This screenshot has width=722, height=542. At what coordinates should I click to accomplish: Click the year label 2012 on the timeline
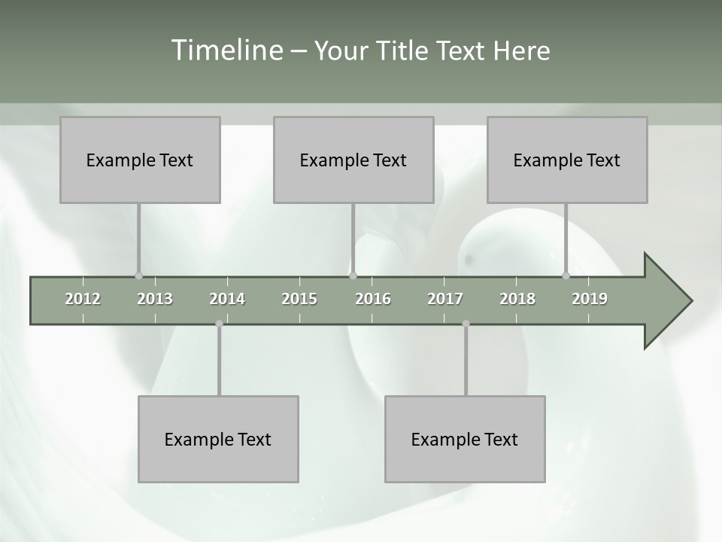83,299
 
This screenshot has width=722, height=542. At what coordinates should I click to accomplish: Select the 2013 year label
155,299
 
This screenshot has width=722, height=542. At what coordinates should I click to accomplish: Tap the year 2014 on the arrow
227,299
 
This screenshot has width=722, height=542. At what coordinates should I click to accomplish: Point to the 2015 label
299,299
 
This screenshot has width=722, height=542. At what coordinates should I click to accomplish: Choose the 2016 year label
373,299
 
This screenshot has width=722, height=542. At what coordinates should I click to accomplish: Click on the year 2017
445,299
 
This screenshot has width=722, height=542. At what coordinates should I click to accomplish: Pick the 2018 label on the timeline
517,299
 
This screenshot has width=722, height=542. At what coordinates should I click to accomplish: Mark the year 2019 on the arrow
590,299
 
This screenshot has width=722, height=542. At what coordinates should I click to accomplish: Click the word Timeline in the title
226,50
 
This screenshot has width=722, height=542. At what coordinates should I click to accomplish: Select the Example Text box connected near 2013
140,160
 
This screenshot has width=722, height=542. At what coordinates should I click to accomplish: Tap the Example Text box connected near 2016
353,160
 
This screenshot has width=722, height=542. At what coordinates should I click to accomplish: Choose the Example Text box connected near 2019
567,160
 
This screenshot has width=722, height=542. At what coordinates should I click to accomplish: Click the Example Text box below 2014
218,439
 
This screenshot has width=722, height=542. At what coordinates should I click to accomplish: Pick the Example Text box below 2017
465,439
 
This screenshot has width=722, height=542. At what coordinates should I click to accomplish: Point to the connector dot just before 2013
138,276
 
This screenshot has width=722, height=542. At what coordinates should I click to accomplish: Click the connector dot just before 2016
353,276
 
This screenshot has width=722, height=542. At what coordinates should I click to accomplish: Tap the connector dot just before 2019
566,276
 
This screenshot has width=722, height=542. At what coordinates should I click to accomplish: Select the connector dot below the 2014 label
219,324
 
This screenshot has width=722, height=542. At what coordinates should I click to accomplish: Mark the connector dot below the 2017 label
466,324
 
